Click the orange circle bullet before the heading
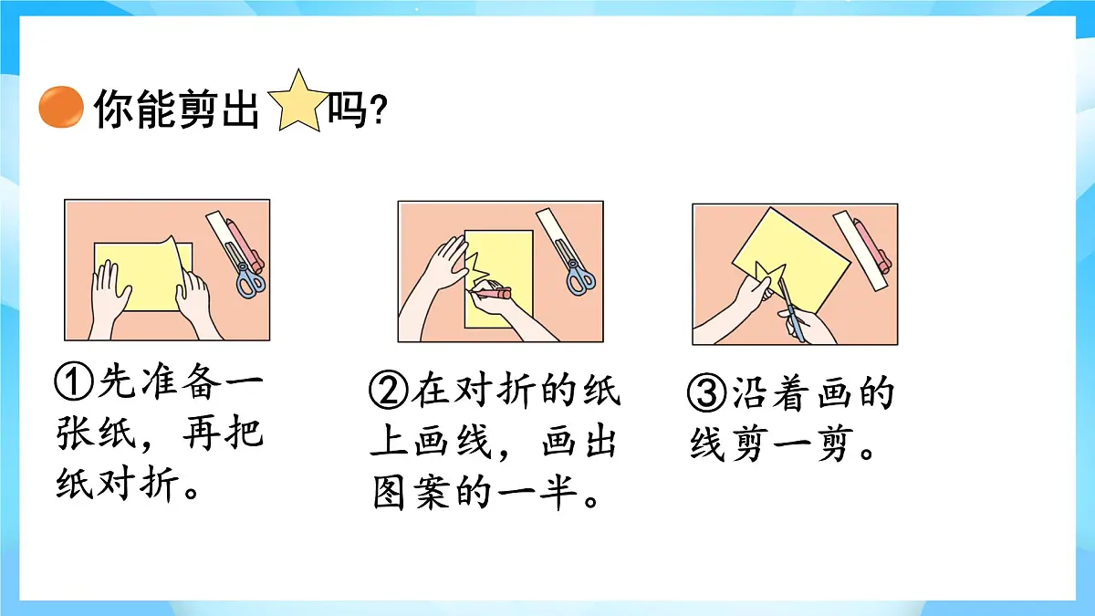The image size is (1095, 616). pos(60,108)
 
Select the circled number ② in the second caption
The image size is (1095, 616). pos(389,392)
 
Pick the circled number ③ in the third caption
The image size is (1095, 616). pos(706,394)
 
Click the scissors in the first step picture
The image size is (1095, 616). pos(250,278)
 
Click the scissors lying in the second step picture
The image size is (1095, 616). pos(576,276)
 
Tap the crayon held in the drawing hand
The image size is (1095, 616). pos(494,294)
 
